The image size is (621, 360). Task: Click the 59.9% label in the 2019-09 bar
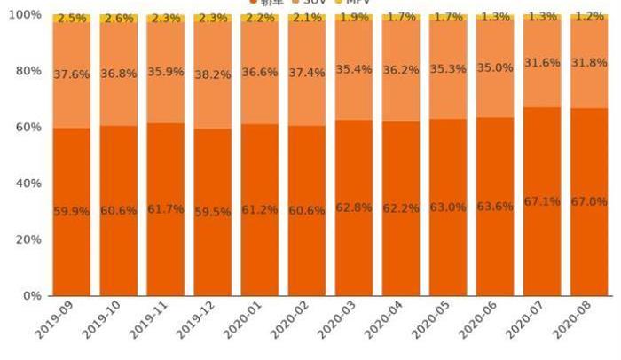(x=71, y=211)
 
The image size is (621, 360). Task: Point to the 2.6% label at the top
(x=118, y=19)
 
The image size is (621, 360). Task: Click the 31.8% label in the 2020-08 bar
(x=588, y=62)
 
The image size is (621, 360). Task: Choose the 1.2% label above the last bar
(x=588, y=17)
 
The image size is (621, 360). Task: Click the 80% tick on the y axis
(x=28, y=71)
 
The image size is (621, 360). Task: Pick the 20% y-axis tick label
(x=28, y=239)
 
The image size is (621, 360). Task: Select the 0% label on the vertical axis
(x=32, y=295)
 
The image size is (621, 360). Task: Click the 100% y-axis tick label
(x=25, y=15)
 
